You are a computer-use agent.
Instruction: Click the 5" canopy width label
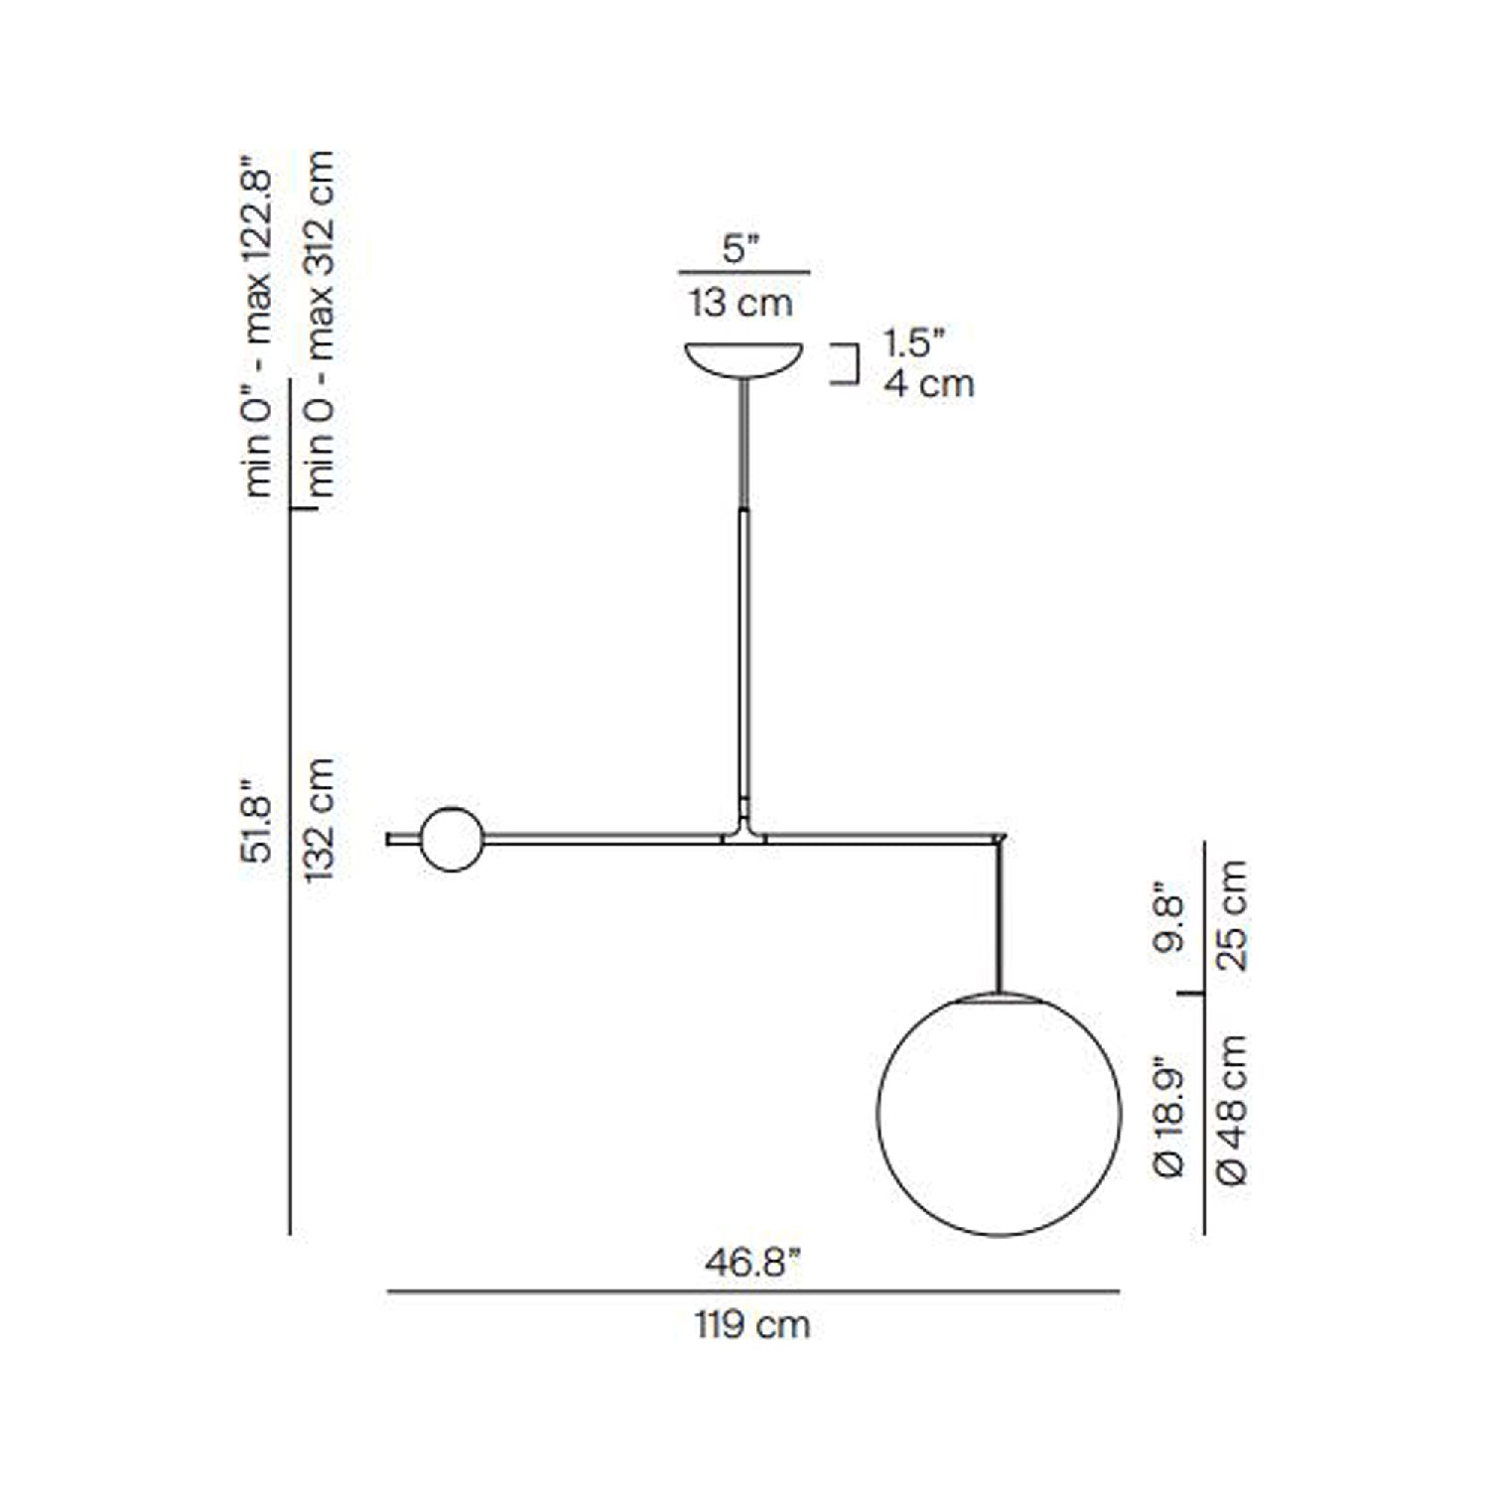[741, 248]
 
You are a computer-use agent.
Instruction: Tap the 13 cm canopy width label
[741, 302]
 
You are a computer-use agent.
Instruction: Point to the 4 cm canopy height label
[929, 384]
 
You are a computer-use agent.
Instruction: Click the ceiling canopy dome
[744, 358]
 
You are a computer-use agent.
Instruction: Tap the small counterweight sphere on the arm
[452, 840]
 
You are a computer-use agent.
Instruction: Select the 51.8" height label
[256, 820]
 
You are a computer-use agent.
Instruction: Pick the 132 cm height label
[320, 820]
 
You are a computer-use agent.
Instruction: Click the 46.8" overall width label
[751, 1264]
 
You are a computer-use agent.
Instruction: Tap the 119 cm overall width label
[751, 1324]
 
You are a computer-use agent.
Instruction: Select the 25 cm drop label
[1232, 915]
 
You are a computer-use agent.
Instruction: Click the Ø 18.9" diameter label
[1171, 1122]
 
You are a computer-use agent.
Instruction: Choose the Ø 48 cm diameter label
[1232, 1110]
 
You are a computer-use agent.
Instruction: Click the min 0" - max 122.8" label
[257, 326]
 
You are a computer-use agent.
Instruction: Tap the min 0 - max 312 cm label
[320, 326]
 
